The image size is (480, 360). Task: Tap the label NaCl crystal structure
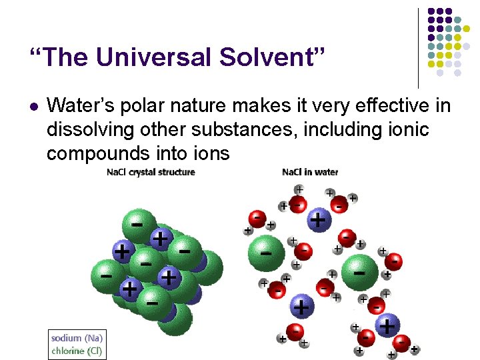(151, 172)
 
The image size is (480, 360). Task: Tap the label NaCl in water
(310, 172)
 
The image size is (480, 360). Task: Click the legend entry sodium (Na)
(77, 338)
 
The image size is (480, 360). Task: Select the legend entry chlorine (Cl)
(77, 350)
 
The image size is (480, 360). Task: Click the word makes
(267, 106)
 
